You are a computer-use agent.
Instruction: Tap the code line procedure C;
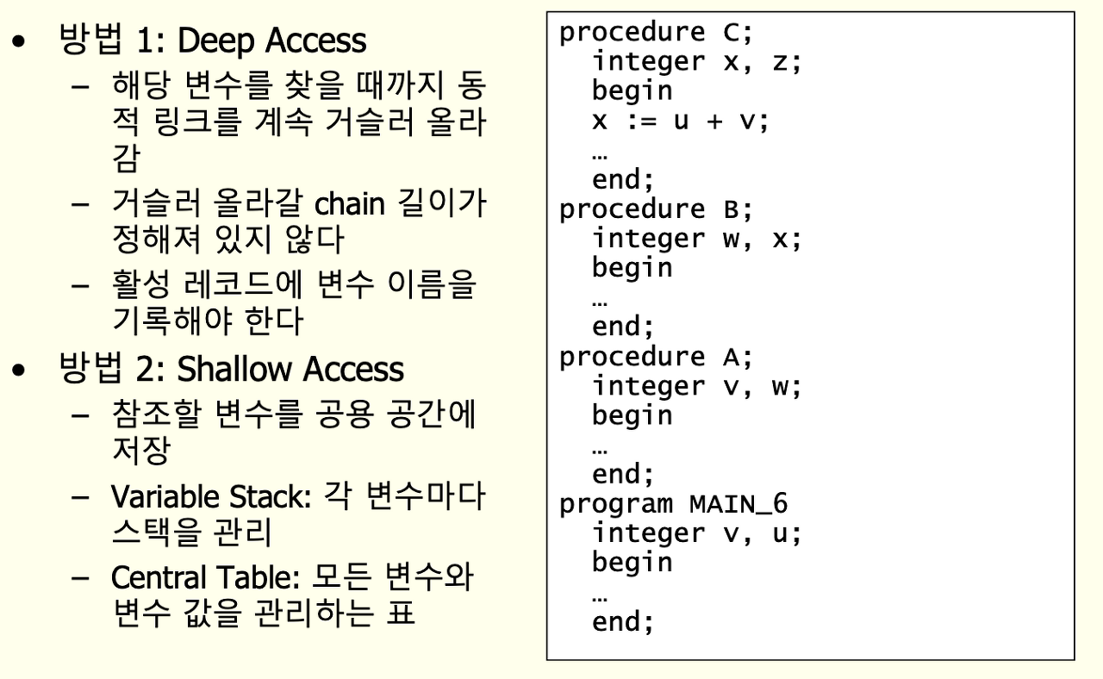tap(657, 33)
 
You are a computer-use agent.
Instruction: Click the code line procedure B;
tap(657, 209)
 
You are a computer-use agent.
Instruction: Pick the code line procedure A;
tap(657, 357)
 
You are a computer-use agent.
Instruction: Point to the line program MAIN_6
tap(673, 503)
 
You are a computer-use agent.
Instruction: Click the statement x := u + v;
tap(680, 121)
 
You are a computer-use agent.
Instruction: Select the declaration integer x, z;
tap(696, 62)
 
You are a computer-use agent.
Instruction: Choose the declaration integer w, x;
tap(696, 239)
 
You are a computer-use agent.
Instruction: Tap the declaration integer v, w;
tap(696, 386)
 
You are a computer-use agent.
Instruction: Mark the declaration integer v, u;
tap(696, 533)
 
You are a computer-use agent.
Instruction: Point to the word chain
tap(349, 205)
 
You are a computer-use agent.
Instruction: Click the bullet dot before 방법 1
tap(20, 41)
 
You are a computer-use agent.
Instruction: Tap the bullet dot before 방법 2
tap(20, 371)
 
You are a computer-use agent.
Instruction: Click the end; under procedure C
tap(623, 180)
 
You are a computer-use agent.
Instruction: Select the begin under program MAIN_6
tap(632, 563)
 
